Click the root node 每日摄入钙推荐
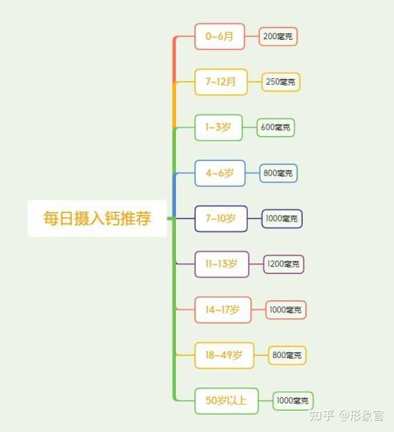tap(97, 218)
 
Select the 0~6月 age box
tap(219, 36)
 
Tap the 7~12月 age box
tap(221, 82)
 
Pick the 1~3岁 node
tap(219, 127)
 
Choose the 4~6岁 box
tap(219, 173)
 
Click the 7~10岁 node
tap(221, 218)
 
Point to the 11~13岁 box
tap(222, 264)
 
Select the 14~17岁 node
tap(223, 310)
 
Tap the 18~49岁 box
tap(224, 355)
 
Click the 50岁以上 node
tap(227, 401)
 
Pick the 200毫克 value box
tap(278, 36)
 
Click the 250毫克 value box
tap(281, 82)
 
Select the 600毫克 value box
tap(276, 127)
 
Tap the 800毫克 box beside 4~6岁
tap(278, 173)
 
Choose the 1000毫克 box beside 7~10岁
tap(281, 218)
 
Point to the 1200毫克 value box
tap(284, 264)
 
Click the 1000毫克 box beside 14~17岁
tap(286, 310)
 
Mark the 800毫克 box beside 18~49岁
tap(287, 355)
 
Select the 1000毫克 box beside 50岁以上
tap(293, 401)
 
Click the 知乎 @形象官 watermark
tap(346, 416)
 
